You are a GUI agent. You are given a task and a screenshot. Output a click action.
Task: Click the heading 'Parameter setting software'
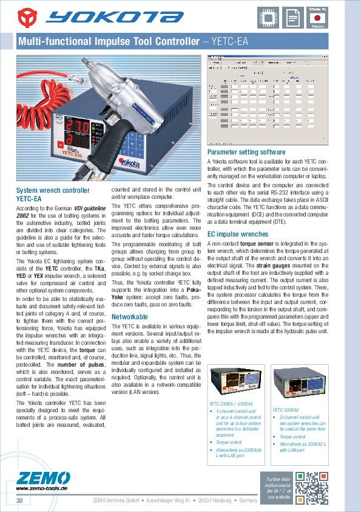[x=246, y=151]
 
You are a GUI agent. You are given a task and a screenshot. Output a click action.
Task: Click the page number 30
[x=20, y=500]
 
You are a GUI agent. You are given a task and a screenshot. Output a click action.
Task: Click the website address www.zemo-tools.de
[x=41, y=488]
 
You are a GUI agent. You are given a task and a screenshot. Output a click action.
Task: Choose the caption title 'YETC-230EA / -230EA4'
[x=232, y=404]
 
